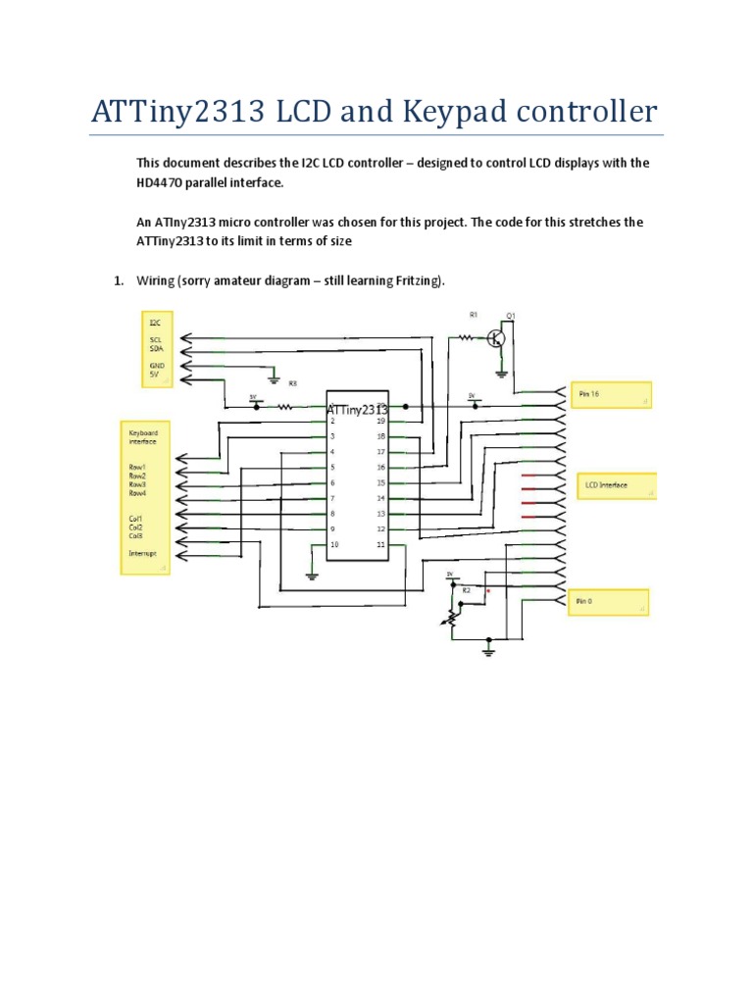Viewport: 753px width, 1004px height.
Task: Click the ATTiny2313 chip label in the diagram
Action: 357,409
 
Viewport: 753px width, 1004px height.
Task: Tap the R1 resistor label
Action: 473,316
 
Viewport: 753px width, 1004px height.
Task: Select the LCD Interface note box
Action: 618,485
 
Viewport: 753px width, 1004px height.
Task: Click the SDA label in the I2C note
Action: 156,348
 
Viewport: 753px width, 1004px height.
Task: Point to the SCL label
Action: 156,338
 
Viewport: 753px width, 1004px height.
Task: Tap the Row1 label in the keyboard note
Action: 137,467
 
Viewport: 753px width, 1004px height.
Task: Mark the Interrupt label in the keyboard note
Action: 143,554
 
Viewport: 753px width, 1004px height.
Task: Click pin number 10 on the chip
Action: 335,544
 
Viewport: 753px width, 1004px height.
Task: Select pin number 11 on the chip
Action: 380,544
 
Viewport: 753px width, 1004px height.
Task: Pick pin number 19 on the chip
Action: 380,421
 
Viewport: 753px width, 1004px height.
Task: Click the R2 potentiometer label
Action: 467,590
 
